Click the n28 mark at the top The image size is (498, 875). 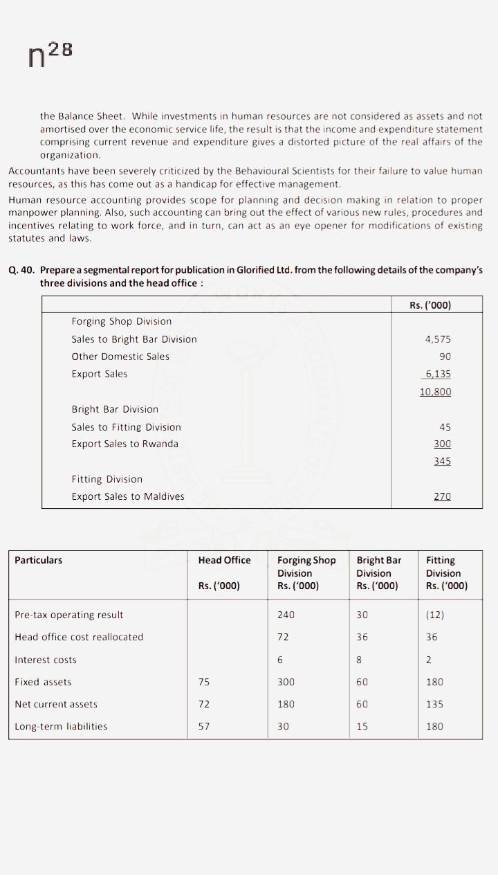pos(50,55)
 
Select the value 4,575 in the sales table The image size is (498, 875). pos(438,339)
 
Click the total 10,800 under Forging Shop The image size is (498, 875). pos(435,392)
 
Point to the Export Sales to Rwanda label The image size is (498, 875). pos(124,444)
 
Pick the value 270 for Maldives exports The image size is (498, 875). pos(442,496)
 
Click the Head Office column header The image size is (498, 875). pos(224,560)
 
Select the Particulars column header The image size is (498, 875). pos(39,560)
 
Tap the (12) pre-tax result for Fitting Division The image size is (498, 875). pos(435,615)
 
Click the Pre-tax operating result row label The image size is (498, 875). pos(69,615)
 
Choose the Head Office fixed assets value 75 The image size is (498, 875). pos(204,682)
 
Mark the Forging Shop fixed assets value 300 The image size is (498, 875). pos(286,682)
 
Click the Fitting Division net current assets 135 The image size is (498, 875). pos(434,704)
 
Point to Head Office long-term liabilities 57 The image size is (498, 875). pos(204,726)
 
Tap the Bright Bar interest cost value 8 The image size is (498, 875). pos(360,660)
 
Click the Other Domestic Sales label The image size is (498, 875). pos(120,357)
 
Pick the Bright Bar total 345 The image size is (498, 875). pos(442,461)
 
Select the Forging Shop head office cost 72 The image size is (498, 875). pos(283,637)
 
